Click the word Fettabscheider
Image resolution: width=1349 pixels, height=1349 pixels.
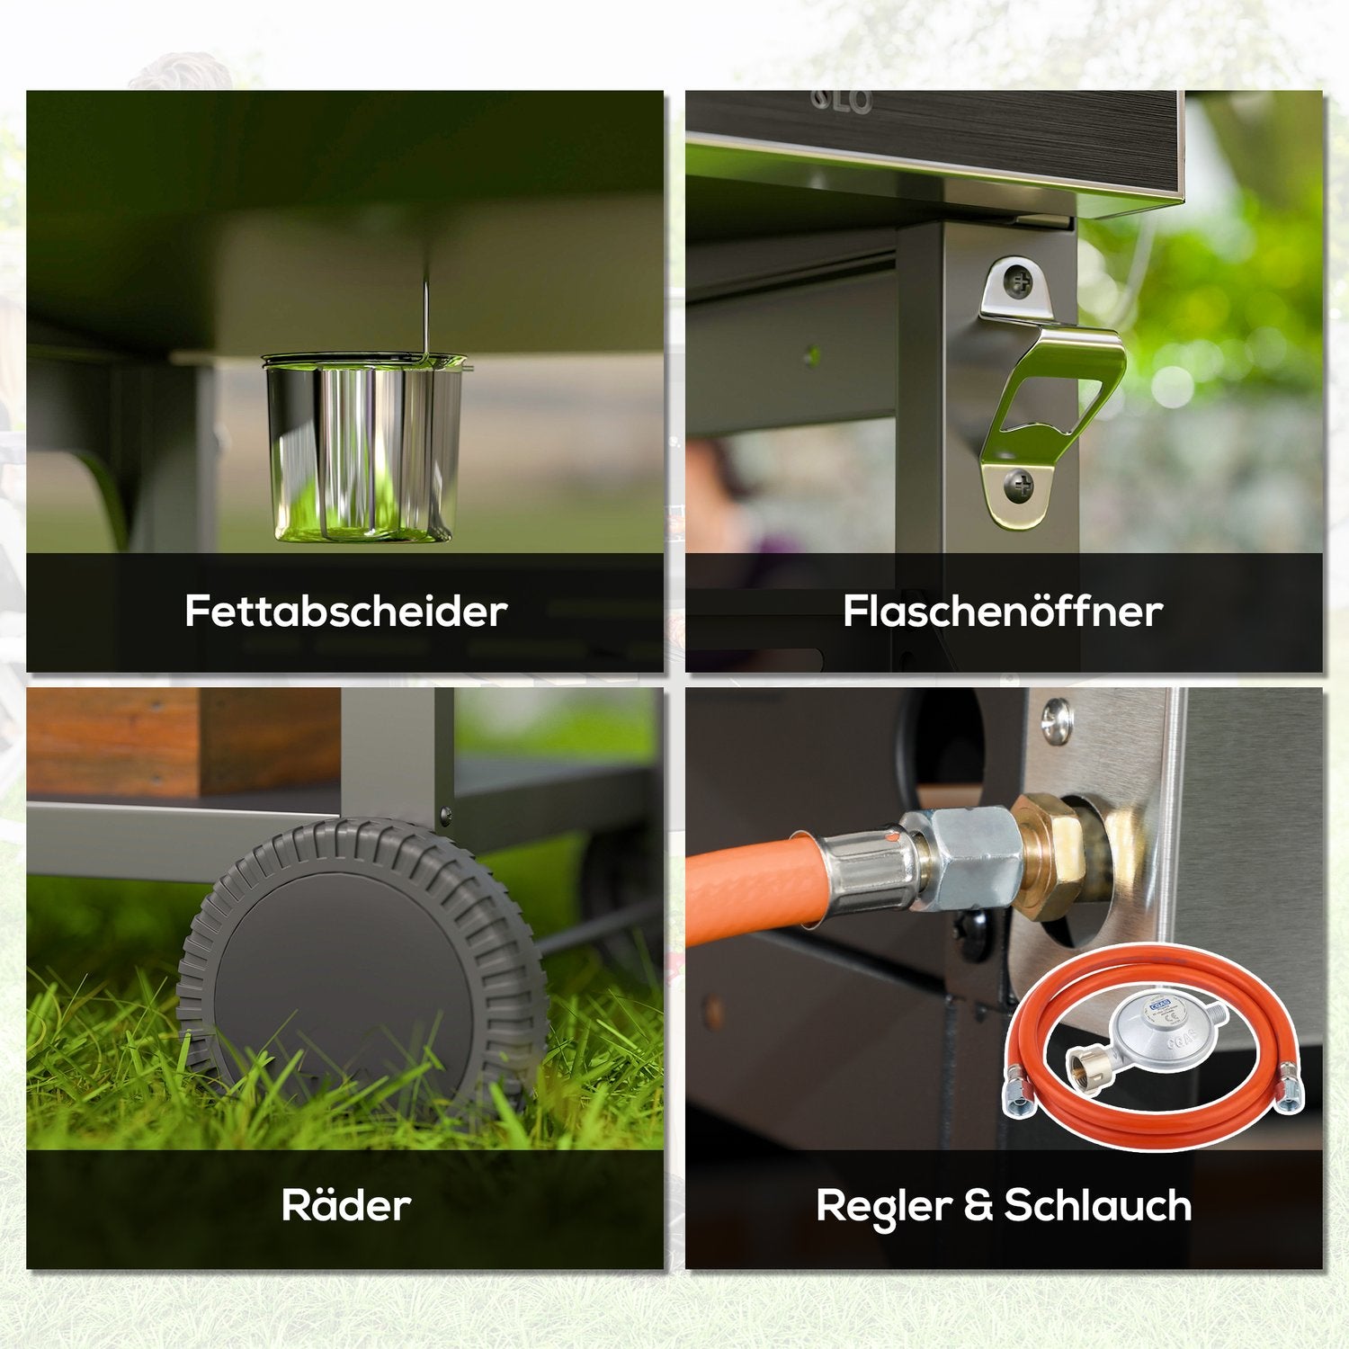pyautogui.click(x=346, y=611)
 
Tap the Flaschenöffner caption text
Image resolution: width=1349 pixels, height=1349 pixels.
pyautogui.click(x=1003, y=611)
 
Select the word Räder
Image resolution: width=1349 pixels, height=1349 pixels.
pyautogui.click(x=346, y=1204)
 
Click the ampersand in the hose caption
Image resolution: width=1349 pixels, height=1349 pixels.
pyautogui.click(x=978, y=1205)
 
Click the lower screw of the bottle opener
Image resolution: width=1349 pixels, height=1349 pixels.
pyautogui.click(x=1019, y=487)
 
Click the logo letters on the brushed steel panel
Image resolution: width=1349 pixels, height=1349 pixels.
pyautogui.click(x=842, y=102)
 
